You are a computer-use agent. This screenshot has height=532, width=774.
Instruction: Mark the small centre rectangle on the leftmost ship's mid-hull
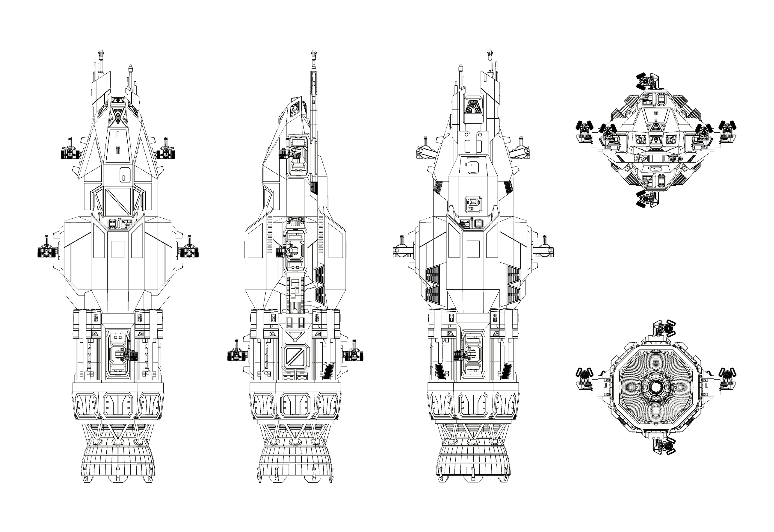[x=118, y=249]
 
